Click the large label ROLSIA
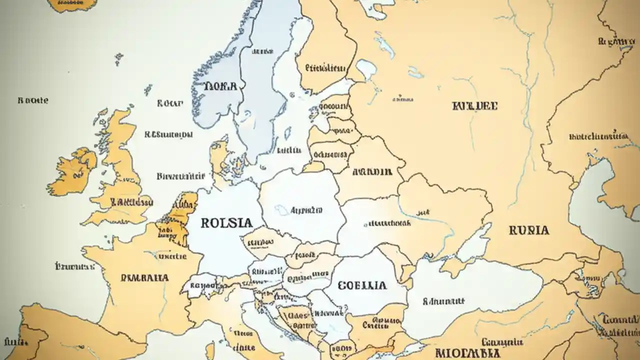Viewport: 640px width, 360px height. pyautogui.click(x=226, y=223)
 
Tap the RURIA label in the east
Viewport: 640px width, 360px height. pyautogui.click(x=528, y=230)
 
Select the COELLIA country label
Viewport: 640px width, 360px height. pyautogui.click(x=362, y=285)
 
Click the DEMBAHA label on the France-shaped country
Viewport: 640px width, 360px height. pyautogui.click(x=144, y=277)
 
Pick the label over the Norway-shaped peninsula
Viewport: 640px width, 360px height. pyautogui.click(x=220, y=85)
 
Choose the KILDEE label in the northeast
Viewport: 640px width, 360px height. pyautogui.click(x=474, y=106)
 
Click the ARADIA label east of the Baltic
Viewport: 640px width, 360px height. pyautogui.click(x=372, y=172)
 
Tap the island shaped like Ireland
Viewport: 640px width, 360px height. pyautogui.click(x=72, y=171)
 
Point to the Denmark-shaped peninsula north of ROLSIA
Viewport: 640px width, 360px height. pyautogui.click(x=220, y=157)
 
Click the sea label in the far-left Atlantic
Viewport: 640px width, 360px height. pyautogui.click(x=33, y=100)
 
